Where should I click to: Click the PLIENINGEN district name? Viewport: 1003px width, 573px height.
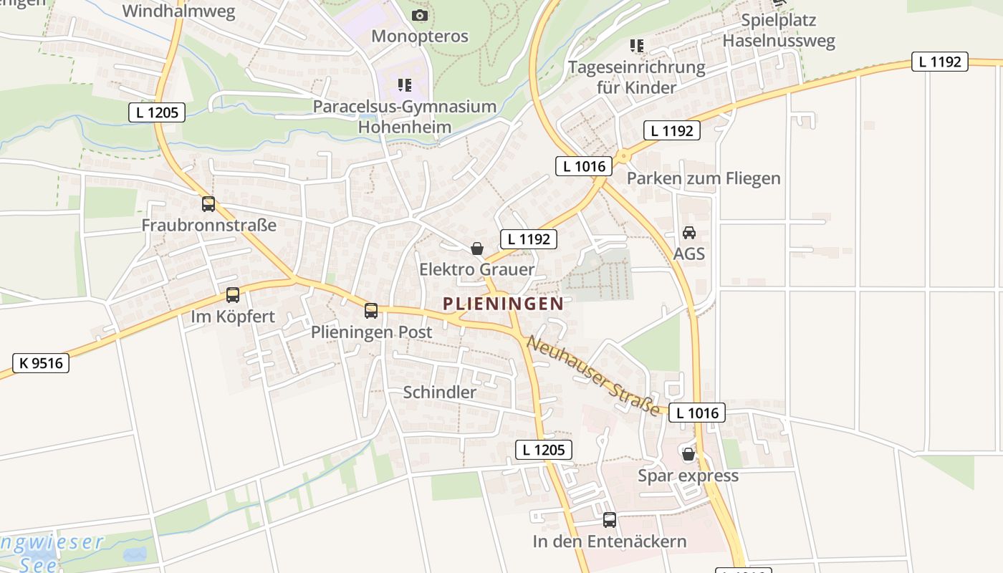coord(503,304)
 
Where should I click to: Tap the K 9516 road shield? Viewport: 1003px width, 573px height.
coord(41,363)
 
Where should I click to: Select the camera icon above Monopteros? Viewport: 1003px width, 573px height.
coord(420,15)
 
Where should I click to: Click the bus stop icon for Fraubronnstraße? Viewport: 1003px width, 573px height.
coord(208,204)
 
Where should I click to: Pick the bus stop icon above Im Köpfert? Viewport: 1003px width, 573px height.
coord(233,295)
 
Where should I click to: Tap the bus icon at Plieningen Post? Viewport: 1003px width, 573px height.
coord(371,311)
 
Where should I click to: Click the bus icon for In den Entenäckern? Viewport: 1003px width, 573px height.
coord(610,520)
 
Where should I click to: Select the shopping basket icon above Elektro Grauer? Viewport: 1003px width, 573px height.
coord(477,249)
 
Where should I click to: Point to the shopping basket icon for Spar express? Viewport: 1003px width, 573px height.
coord(688,454)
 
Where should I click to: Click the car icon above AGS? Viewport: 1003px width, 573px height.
coord(689,233)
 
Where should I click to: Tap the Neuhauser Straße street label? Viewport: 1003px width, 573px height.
coord(593,375)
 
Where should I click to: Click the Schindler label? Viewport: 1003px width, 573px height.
coord(439,393)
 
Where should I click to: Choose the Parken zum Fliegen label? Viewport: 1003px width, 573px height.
coord(704,178)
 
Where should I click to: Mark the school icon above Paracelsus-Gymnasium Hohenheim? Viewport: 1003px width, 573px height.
coord(405,86)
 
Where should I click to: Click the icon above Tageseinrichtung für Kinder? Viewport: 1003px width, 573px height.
coord(637,47)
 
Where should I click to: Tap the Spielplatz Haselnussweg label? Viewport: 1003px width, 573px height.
coord(779,31)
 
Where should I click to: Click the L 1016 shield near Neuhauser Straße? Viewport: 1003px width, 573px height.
coord(697,413)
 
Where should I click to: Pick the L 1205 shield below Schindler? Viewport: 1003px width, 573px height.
coord(544,450)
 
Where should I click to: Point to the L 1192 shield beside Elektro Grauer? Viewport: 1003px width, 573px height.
coord(529,239)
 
